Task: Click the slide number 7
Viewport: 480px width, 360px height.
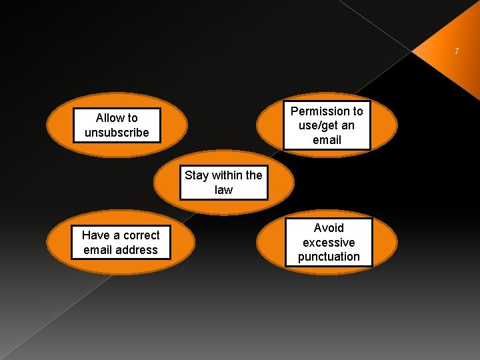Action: coord(457,51)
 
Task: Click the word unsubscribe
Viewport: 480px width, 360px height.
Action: coord(117,133)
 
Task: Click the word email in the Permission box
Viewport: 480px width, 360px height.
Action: coord(327,140)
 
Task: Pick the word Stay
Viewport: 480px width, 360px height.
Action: coord(197,175)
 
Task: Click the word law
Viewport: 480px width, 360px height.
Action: coord(223,190)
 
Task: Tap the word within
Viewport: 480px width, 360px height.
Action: coord(227,175)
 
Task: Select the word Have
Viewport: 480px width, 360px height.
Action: coord(95,235)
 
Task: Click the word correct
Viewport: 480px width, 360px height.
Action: coord(139,235)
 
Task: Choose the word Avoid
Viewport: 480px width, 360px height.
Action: coord(329,228)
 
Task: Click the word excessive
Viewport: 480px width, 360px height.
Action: coord(329,243)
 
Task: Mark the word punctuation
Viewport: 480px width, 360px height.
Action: coord(329,257)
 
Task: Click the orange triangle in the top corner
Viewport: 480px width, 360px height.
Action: coord(460,67)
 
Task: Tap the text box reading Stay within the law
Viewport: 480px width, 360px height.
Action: coord(223,183)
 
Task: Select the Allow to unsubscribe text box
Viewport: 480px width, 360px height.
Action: coord(117,125)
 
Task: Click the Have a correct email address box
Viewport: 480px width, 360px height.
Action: coord(121,243)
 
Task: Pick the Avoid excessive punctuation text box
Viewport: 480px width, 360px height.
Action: coord(329,243)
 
